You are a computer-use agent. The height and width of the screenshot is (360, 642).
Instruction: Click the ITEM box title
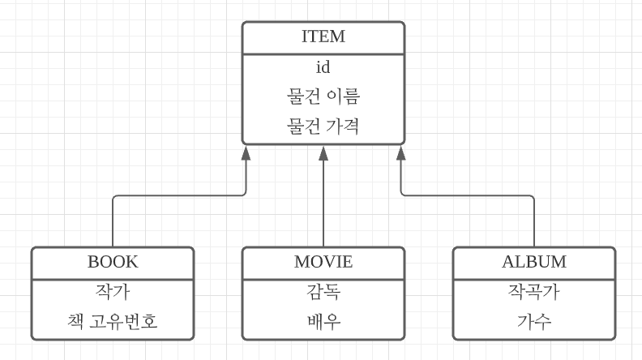[323, 36]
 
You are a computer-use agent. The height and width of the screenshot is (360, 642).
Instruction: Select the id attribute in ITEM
[323, 67]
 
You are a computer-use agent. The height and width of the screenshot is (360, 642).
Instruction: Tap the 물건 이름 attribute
[323, 96]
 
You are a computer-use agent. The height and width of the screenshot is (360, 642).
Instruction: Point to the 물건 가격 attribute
[323, 126]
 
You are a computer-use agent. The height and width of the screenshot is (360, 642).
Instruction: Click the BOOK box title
[113, 262]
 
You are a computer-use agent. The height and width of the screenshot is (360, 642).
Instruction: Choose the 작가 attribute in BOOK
[113, 292]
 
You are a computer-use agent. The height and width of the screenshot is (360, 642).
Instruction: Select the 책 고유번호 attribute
[113, 322]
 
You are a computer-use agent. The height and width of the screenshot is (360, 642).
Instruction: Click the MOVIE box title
[323, 262]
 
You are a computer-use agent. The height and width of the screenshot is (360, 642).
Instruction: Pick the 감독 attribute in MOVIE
[323, 292]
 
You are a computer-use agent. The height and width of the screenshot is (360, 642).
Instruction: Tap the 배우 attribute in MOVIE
[323, 322]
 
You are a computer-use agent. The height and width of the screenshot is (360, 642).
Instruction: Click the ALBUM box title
[533, 262]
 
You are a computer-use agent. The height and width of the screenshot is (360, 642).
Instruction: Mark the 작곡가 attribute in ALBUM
[533, 292]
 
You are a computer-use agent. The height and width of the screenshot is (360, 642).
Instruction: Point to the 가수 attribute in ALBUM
[533, 322]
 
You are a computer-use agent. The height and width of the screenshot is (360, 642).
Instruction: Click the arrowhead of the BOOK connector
[246, 152]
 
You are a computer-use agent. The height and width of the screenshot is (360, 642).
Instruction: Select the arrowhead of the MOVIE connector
[323, 152]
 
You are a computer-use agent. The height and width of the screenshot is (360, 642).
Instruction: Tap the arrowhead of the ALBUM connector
[400, 152]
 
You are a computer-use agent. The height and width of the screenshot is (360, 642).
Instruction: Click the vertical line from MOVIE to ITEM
[323, 203]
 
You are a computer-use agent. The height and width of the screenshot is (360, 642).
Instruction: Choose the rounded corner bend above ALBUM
[532, 197]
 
